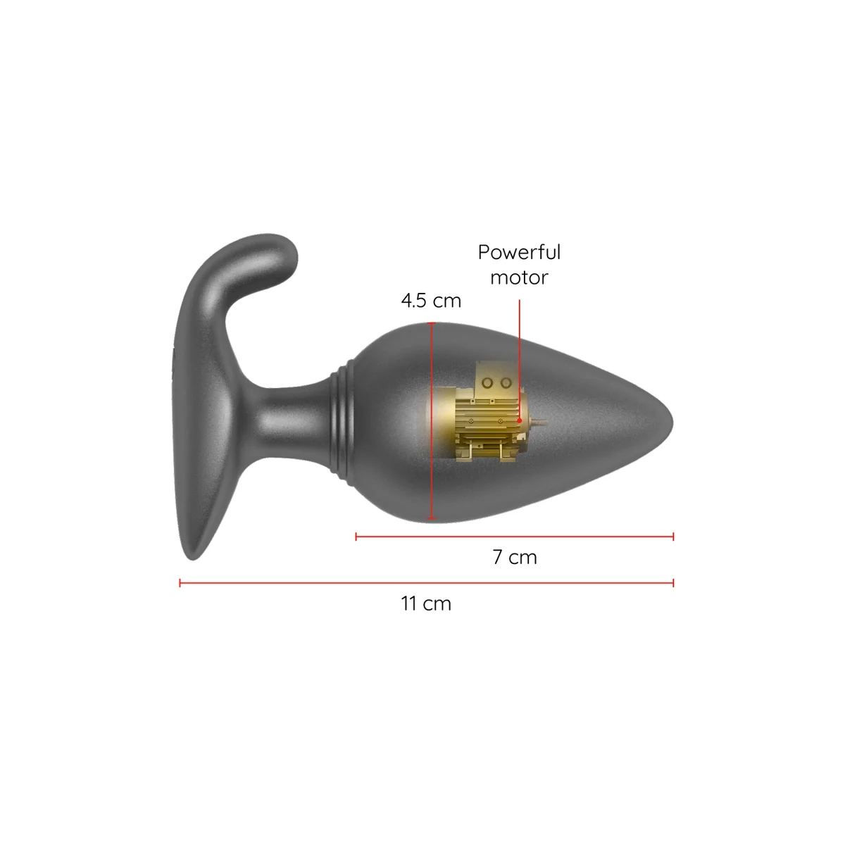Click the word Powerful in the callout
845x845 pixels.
[519, 253]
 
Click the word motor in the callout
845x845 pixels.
[519, 277]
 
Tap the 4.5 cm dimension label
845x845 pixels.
[431, 301]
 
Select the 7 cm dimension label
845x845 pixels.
[515, 558]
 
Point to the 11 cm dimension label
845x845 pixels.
[426, 604]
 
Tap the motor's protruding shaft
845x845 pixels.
[538, 423]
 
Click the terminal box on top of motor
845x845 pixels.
[496, 381]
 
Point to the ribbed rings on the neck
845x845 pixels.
[341, 419]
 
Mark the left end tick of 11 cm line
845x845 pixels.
[181, 582]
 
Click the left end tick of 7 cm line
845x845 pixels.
[357, 537]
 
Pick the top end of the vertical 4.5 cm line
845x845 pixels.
[432, 324]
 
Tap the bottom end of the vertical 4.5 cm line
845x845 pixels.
[432, 520]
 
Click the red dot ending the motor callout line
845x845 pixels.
[520, 420]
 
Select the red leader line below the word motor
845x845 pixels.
[520, 352]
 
